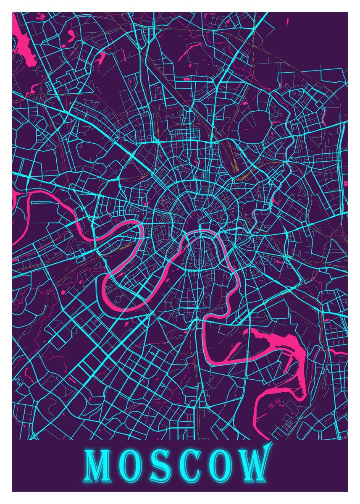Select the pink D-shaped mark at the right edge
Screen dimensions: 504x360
tap(346, 184)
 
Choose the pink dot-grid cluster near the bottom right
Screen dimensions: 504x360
tap(274, 406)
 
